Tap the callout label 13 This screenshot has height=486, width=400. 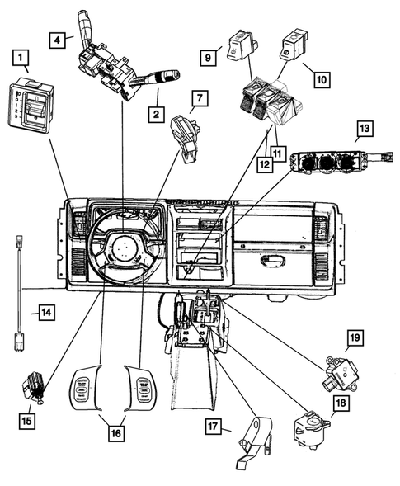point(363,129)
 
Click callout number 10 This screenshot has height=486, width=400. point(320,80)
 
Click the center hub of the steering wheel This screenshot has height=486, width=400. point(126,245)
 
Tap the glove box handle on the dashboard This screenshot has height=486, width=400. point(272,262)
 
